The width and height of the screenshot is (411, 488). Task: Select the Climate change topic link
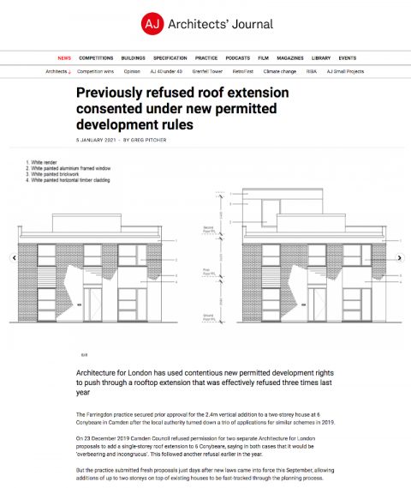(x=281, y=71)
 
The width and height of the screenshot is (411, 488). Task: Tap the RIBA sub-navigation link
(x=313, y=71)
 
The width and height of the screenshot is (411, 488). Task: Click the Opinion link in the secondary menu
(x=132, y=71)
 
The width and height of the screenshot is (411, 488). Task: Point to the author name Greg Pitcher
(x=150, y=140)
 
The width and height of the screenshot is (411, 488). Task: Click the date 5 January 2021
(x=96, y=140)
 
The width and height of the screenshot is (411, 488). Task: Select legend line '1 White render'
(x=43, y=161)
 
